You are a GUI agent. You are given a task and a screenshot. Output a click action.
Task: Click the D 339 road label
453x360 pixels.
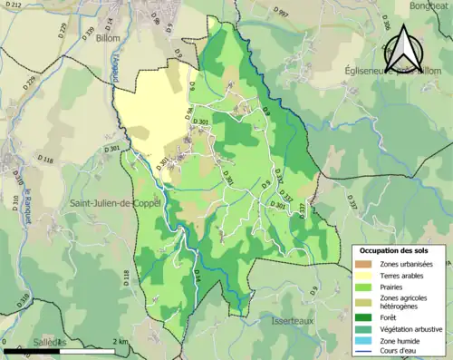pos(89,34)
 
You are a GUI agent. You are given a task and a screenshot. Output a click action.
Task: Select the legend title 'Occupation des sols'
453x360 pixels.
pos(395,249)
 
